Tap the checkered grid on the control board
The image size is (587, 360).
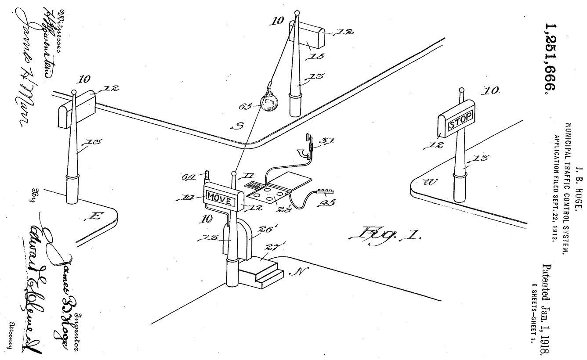point(255,184)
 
